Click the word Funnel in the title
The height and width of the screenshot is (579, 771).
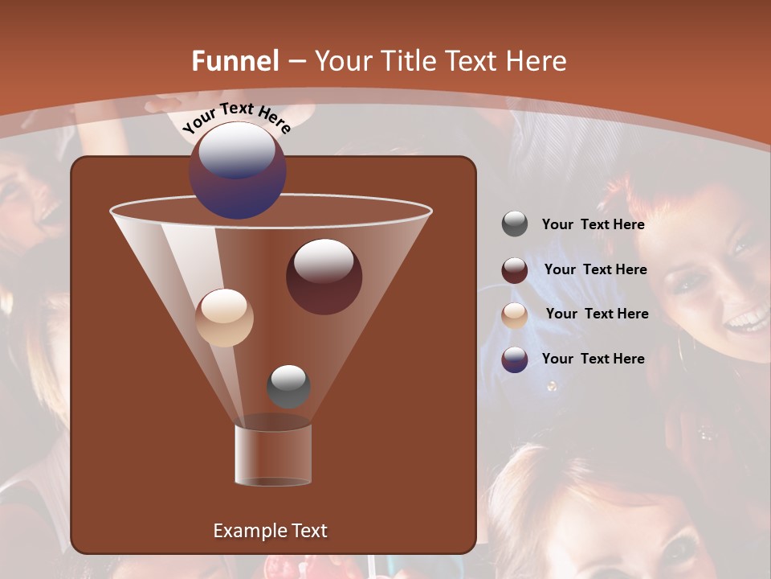(235, 61)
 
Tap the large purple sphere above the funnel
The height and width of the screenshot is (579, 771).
(238, 170)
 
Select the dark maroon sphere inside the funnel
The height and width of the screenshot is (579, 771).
(324, 277)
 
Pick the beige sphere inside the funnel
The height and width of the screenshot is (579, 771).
(224, 318)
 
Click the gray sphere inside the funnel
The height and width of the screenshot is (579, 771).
(288, 387)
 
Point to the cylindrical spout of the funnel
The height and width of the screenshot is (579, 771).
(272, 454)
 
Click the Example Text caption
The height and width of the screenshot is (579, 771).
(270, 531)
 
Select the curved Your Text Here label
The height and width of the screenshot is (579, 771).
(236, 117)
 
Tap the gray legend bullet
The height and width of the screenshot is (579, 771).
(515, 224)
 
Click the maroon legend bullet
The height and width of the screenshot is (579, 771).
(515, 270)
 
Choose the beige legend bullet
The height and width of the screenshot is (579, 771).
(515, 315)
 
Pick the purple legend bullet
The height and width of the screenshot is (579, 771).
(515, 359)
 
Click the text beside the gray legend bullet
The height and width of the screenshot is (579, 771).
(593, 225)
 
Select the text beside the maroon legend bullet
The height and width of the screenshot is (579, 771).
(595, 269)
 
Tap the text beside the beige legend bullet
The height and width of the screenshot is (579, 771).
(597, 314)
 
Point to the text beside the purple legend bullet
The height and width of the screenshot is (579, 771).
(593, 359)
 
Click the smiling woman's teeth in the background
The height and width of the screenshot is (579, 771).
(746, 322)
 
